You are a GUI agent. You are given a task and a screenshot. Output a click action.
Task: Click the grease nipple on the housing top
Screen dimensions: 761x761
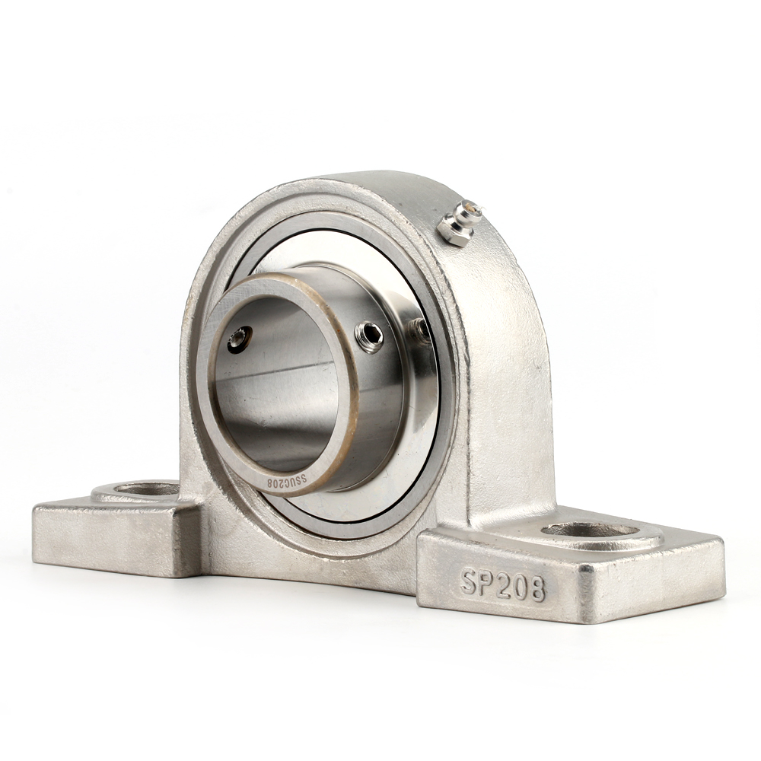tap(459, 221)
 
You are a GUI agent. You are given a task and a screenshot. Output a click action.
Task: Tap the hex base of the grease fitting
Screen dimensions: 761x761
tap(454, 231)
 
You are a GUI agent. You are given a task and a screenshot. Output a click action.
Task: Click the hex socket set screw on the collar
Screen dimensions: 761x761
tap(370, 336)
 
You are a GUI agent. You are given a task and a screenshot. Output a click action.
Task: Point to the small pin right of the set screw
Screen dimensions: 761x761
tap(417, 329)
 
